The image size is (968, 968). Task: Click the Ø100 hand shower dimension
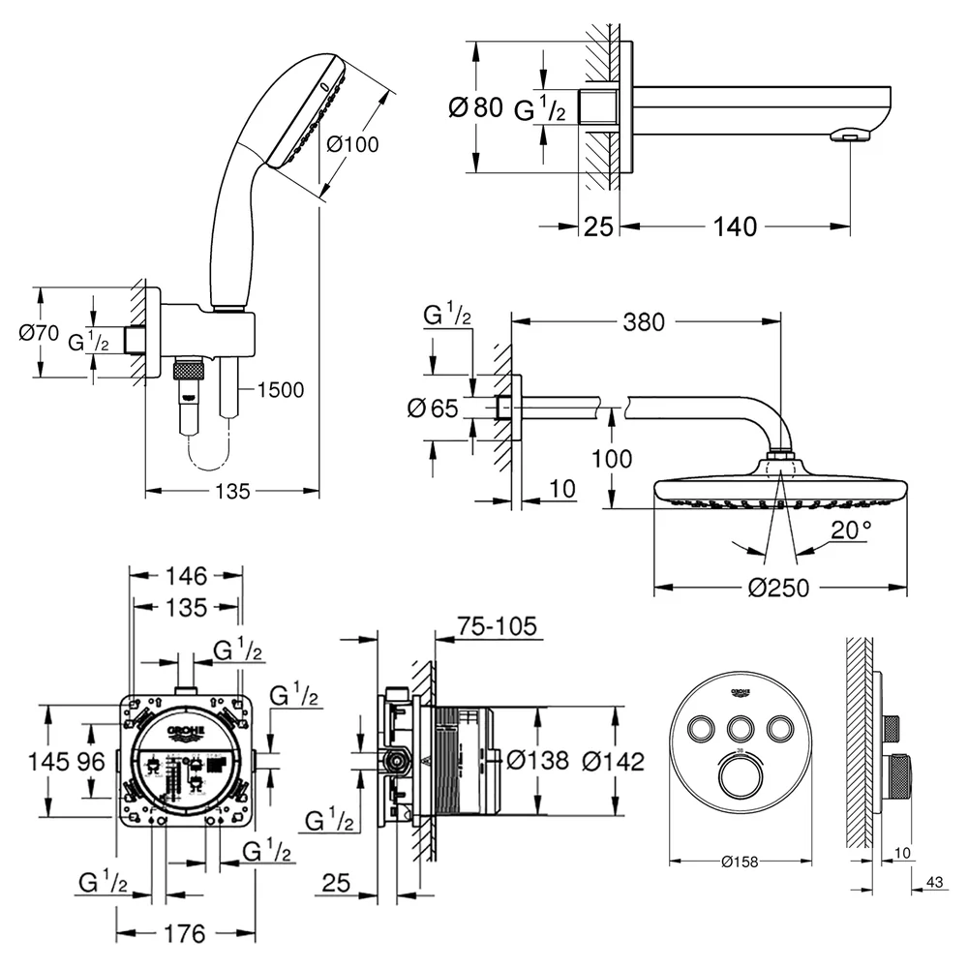pos(352,145)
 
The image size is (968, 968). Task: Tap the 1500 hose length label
pos(281,390)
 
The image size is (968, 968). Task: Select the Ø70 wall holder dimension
pos(39,333)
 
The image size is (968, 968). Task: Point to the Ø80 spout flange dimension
pos(475,107)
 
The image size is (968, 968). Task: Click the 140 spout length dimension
pos(735,227)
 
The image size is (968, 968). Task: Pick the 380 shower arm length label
pos(644,322)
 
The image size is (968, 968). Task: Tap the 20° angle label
pos(851,529)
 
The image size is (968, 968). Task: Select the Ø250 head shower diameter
pos(778,588)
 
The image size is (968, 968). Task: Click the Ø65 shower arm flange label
pos(433,408)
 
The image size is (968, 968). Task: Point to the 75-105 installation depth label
pos(497,626)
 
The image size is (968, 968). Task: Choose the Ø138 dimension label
pos(537,761)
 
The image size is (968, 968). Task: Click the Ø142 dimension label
pos(613,762)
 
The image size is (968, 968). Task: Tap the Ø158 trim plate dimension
pos(740,862)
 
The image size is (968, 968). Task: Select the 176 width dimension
pos(185,934)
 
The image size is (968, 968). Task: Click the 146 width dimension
pos(186,577)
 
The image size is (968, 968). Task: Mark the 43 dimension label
pos(935,882)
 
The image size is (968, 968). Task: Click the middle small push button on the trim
pos(740,729)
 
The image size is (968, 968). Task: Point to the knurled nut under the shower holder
pos(189,373)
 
